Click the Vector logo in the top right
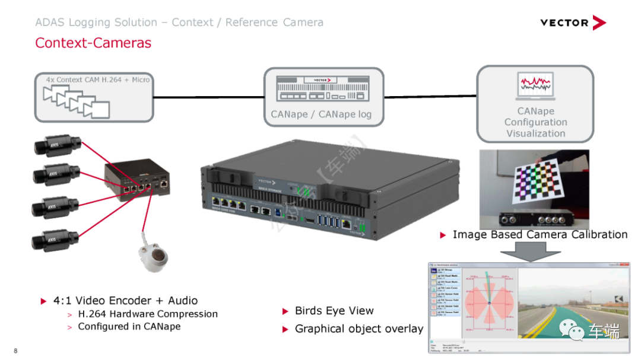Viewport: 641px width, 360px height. point(572,23)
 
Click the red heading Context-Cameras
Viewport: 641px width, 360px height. point(93,43)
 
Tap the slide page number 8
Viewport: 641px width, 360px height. point(15,351)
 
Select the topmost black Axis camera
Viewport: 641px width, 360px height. point(56,144)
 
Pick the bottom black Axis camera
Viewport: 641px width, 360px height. point(55,240)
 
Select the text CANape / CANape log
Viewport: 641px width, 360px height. point(321,114)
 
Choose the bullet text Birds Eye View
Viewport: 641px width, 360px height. point(334,311)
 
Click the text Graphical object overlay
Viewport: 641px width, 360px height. point(359,329)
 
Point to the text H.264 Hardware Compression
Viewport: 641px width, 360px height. point(148,314)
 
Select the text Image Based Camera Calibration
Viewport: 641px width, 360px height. point(540,234)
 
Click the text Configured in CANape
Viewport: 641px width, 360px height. point(129,326)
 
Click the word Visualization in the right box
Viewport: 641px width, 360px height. point(535,133)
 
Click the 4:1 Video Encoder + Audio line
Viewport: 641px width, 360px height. point(125,301)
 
